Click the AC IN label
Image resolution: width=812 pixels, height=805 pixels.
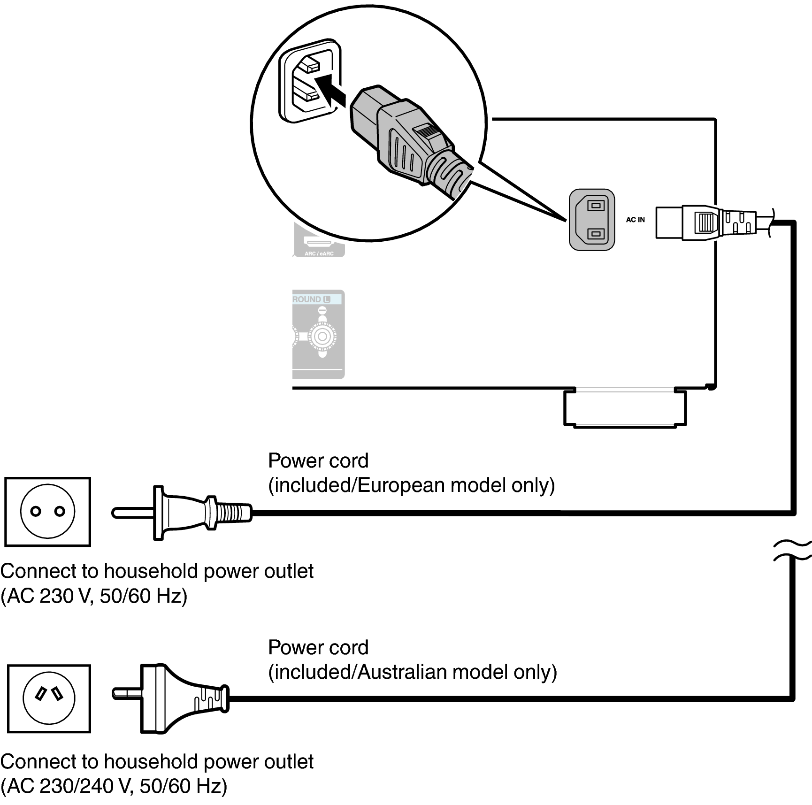(x=636, y=220)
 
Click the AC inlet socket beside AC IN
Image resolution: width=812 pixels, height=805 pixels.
(x=592, y=220)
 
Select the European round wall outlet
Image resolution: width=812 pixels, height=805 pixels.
(x=47, y=512)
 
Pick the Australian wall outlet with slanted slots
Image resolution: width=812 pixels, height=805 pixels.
(x=49, y=698)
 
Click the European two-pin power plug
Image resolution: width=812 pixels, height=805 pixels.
(x=182, y=513)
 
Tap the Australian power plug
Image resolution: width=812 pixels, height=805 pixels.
(x=171, y=698)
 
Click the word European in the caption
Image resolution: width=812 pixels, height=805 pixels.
(x=401, y=485)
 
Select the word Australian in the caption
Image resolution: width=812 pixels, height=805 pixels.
(x=402, y=672)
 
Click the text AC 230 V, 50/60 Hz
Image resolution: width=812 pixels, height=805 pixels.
(x=94, y=596)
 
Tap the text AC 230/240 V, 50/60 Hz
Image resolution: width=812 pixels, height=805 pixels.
(x=114, y=786)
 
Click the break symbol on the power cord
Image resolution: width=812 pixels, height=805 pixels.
(x=793, y=550)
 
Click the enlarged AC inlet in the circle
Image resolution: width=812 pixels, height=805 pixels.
(x=310, y=80)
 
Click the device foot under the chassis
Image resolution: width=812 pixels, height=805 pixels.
(x=625, y=407)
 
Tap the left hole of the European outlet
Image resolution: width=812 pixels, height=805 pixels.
(x=36, y=511)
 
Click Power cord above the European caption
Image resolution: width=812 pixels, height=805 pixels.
(x=318, y=461)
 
